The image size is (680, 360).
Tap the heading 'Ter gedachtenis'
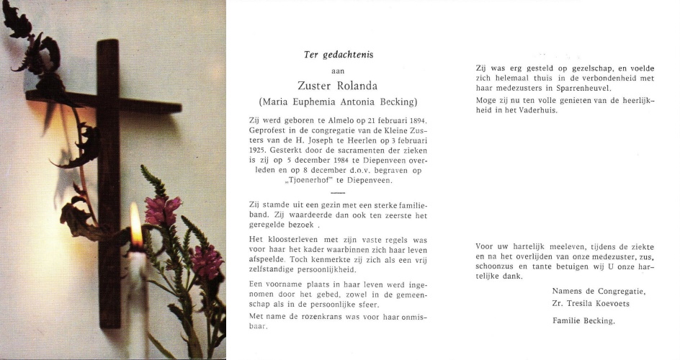click(x=338, y=55)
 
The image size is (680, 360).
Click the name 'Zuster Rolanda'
click(x=338, y=86)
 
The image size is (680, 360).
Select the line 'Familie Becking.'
click(x=583, y=321)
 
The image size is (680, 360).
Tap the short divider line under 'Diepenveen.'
click(x=338, y=192)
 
